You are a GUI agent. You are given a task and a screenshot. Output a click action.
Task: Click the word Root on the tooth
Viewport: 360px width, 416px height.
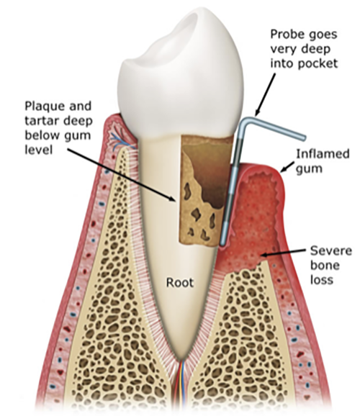pyautogui.click(x=180, y=283)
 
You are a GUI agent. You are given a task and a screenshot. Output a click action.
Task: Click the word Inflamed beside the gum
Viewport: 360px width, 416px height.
pyautogui.click(x=323, y=154)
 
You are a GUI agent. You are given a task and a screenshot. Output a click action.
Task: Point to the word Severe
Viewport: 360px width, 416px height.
pyautogui.click(x=331, y=250)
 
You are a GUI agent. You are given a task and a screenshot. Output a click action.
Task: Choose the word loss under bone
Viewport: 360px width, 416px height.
pyautogui.click(x=322, y=280)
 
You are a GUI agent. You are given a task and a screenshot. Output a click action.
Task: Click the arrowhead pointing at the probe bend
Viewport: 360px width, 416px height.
pyautogui.click(x=258, y=112)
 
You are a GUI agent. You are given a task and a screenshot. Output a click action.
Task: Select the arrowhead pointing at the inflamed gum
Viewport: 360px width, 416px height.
pyautogui.click(x=284, y=168)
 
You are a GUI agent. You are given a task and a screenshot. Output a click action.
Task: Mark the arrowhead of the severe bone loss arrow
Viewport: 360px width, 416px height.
pyautogui.click(x=264, y=255)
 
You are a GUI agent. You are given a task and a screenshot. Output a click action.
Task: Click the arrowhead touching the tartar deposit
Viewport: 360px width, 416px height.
pyautogui.click(x=172, y=198)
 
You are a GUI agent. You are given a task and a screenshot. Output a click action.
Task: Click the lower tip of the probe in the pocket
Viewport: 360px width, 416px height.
pyautogui.click(x=222, y=244)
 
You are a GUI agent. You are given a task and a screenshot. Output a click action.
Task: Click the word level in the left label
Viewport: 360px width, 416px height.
pyautogui.click(x=38, y=150)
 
